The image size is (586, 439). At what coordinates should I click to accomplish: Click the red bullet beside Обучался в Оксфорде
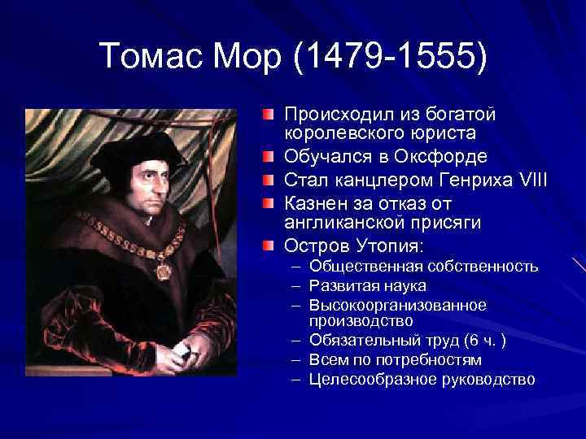[x=269, y=154]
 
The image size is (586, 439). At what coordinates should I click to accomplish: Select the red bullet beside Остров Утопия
[x=269, y=244]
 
